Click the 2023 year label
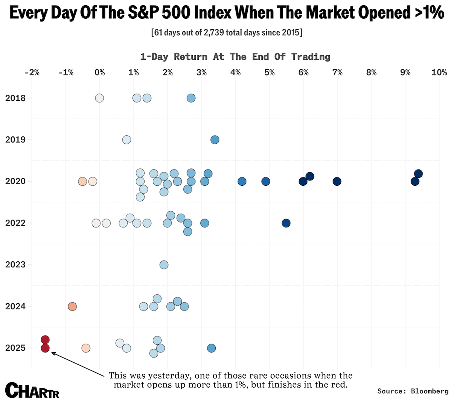[15, 265]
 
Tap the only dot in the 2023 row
[164, 265]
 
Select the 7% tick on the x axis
[337, 72]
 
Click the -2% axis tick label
[32, 72]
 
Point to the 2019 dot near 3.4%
[215, 140]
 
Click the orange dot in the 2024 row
[72, 306]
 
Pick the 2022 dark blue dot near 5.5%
[286, 223]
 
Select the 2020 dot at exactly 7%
[337, 182]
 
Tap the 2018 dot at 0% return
[99, 98]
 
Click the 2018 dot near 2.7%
[191, 98]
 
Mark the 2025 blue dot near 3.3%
[212, 348]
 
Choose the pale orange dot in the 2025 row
[86, 348]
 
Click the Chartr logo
[32, 391]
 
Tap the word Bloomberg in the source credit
[430, 391]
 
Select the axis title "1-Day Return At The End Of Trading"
[235, 57]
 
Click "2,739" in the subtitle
[213, 33]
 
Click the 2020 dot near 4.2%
[242, 182]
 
